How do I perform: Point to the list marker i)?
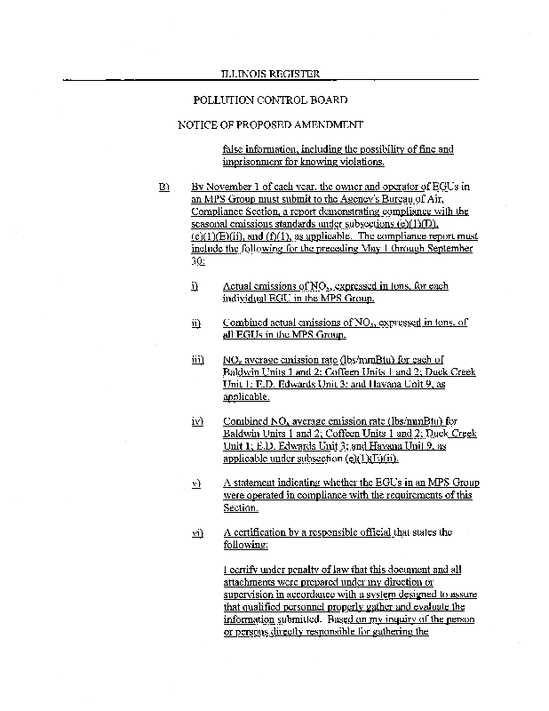(x=195, y=286)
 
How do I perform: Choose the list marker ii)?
(x=195, y=323)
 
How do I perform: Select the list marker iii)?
(x=197, y=360)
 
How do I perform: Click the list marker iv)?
(x=197, y=420)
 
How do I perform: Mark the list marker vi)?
(x=197, y=532)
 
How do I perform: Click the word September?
(x=451, y=249)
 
